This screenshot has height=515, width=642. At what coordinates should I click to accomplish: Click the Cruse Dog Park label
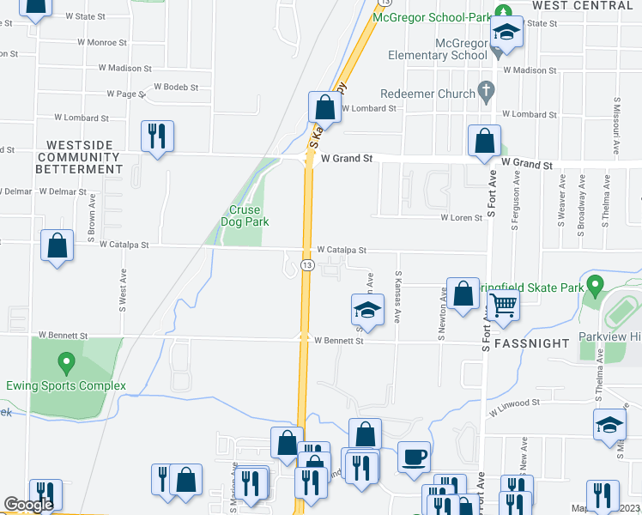248,215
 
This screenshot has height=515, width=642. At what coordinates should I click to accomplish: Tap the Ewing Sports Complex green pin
65,361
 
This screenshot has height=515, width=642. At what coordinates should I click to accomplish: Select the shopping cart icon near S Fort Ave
504,304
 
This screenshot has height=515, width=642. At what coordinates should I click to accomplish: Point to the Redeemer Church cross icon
487,91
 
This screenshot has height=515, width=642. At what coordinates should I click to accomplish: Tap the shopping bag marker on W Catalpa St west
57,246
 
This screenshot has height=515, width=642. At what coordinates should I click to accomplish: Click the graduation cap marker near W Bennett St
366,310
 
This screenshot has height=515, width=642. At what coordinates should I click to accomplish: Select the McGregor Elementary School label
437,49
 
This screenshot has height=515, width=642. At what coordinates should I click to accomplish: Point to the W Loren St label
462,218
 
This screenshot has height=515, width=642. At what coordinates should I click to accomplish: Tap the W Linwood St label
515,402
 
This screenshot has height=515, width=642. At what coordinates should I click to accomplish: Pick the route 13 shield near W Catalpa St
306,267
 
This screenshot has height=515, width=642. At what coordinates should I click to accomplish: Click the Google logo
28,505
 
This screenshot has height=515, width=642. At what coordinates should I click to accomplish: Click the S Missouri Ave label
616,124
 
